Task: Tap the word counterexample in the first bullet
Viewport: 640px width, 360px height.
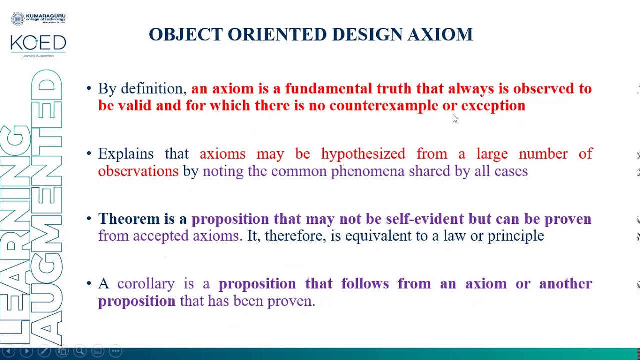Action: [x=383, y=106]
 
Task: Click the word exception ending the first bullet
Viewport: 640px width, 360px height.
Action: [x=493, y=106]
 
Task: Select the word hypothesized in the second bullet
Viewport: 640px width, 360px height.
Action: [x=363, y=154]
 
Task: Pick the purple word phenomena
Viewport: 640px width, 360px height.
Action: [x=367, y=171]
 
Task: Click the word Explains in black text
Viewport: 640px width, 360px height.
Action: [x=126, y=154]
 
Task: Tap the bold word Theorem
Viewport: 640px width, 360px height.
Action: [x=128, y=219]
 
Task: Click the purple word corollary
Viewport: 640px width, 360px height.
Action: [x=146, y=284]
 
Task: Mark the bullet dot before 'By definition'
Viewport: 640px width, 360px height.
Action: [x=89, y=89]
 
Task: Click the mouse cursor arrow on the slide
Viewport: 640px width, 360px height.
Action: [x=455, y=118]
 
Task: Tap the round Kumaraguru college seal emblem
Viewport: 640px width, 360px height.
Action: [x=18, y=19]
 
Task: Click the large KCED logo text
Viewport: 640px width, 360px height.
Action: [x=38, y=43]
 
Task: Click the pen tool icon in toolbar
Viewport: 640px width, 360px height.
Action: [x=44, y=351]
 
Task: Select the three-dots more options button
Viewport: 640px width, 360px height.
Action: [x=115, y=351]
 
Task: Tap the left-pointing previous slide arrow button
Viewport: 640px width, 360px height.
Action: [x=8, y=351]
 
